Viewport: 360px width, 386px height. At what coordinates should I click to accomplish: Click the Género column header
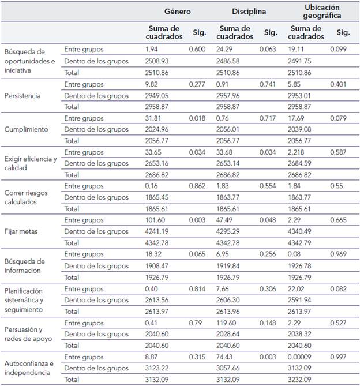point(177,11)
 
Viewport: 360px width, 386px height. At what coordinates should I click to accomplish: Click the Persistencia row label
point(22,96)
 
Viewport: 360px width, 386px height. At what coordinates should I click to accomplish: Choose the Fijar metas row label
point(22,231)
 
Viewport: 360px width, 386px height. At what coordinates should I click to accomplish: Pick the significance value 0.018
point(197,118)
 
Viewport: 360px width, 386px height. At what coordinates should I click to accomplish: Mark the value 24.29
point(226,50)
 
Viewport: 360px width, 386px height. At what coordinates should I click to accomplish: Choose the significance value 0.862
point(197,186)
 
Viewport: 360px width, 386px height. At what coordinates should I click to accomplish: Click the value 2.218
point(298,152)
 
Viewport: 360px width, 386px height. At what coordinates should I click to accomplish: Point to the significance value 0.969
point(339,254)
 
